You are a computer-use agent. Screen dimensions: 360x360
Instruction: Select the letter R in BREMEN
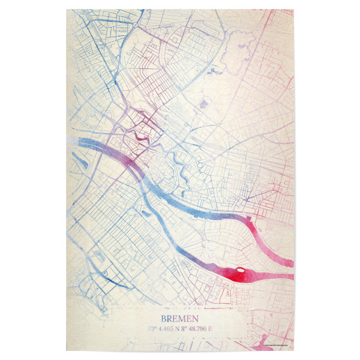[x=170, y=318]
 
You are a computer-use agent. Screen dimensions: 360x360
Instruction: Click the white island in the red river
[x=241, y=271]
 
